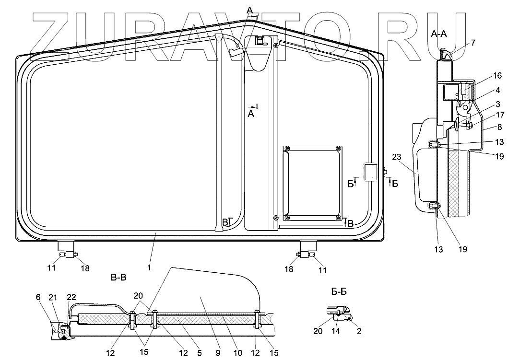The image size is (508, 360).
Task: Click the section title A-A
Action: pos(439,34)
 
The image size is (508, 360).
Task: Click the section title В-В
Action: pos(118,278)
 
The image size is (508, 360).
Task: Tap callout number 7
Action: pos(473,42)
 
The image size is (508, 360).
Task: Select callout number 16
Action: pos(497,76)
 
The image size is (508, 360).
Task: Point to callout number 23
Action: pos(396,157)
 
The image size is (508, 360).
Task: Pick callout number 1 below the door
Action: pos(149,268)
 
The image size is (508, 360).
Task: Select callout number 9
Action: pos(218,352)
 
